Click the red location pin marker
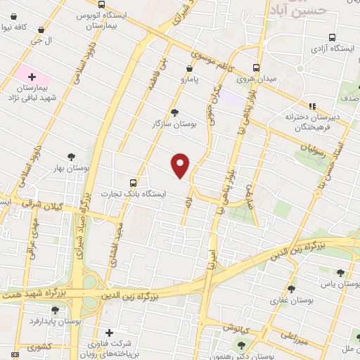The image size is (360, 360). pyautogui.click(x=181, y=165)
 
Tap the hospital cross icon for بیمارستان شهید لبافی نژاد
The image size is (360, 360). pyautogui.click(x=31, y=75)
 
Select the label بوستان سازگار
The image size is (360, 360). pyautogui.click(x=174, y=124)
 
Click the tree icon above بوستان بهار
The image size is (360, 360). pyautogui.click(x=71, y=157)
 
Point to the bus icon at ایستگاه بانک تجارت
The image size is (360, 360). pyautogui.click(x=134, y=182)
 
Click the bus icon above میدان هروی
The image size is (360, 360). pyautogui.click(x=256, y=67)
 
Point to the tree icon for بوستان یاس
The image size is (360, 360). pyautogui.click(x=340, y=273)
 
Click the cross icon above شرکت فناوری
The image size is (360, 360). pyautogui.click(x=108, y=333)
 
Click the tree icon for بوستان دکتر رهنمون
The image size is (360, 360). pyautogui.click(x=243, y=345)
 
